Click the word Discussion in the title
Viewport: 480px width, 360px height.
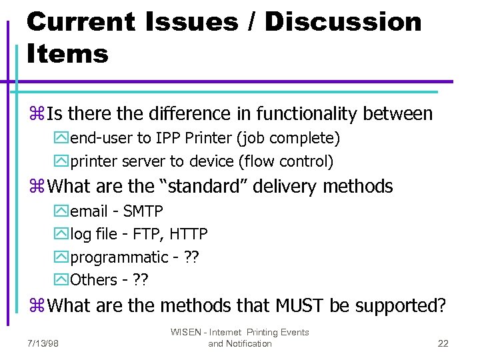(343, 22)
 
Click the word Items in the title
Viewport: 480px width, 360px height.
(67, 53)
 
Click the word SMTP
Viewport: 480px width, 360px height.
(143, 212)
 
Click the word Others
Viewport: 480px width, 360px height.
(94, 280)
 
